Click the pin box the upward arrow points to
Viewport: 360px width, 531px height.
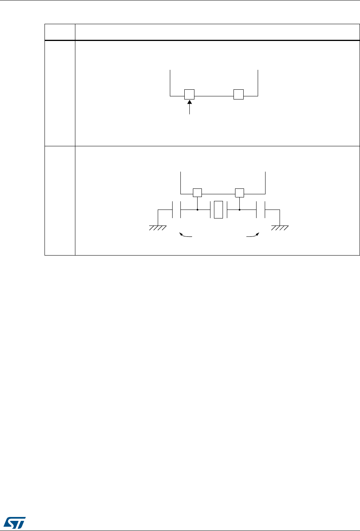[x=189, y=94]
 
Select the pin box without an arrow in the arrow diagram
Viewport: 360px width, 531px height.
[x=238, y=94]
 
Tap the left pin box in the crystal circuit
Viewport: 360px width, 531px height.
[x=198, y=192]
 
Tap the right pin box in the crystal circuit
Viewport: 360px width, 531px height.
[x=239, y=192]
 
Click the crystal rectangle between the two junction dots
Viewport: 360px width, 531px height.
[x=218, y=210]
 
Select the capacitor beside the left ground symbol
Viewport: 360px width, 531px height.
[x=176, y=210]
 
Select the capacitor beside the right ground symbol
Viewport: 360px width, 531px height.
[x=260, y=210]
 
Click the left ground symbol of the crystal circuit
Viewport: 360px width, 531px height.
[x=158, y=227]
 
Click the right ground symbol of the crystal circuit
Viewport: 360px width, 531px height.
[x=280, y=227]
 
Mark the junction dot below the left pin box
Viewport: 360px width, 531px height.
[x=198, y=210]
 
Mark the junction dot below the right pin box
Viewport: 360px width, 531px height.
[x=239, y=210]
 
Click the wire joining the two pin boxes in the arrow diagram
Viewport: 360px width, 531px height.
[x=214, y=94]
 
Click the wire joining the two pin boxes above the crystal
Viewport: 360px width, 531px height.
[x=218, y=192]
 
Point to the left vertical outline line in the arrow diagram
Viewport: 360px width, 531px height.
[x=171, y=82]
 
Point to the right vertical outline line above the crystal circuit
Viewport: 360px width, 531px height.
[x=265, y=181]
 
